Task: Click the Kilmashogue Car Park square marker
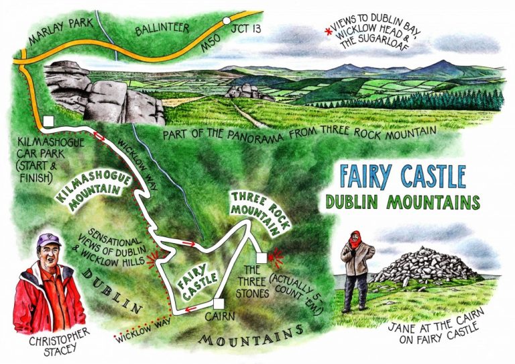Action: tap(48, 122)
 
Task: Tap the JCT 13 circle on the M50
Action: tap(227, 21)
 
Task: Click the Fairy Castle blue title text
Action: tap(402, 176)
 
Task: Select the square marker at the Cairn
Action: tap(218, 303)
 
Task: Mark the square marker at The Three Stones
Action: tap(262, 258)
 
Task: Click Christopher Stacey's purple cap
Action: tap(49, 239)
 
